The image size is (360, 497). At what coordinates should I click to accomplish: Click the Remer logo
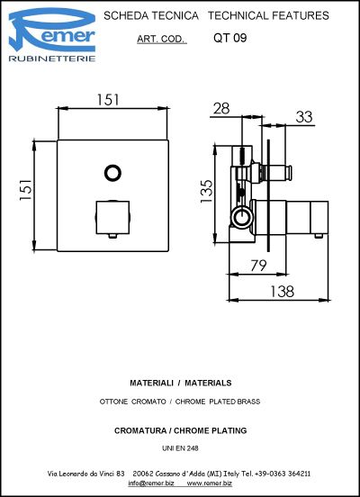(x=52, y=34)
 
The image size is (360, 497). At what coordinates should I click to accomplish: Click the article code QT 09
(x=230, y=38)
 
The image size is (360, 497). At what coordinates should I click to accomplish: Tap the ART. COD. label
(x=162, y=39)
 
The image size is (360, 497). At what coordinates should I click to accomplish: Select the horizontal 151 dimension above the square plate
(x=108, y=100)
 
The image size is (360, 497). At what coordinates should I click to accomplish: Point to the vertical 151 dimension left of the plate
(x=26, y=190)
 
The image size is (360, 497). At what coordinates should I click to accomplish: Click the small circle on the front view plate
(x=112, y=173)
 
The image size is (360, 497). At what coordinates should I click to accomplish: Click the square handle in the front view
(x=112, y=218)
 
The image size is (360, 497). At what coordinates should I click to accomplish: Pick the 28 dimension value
(x=221, y=109)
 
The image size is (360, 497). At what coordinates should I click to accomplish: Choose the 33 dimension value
(x=304, y=117)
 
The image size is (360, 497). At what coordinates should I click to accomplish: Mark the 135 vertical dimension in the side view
(x=206, y=192)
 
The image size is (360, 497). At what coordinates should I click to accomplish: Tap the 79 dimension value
(x=258, y=266)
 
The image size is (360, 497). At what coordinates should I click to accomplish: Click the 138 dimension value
(x=282, y=292)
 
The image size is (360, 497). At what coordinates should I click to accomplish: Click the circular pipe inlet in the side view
(x=241, y=218)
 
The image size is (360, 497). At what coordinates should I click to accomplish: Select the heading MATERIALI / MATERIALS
(x=181, y=383)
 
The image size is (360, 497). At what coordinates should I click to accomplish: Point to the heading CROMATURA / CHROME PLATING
(x=180, y=430)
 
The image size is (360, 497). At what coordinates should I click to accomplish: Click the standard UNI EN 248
(x=180, y=448)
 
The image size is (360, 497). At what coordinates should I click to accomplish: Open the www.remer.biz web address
(x=210, y=483)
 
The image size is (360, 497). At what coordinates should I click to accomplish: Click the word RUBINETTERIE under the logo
(x=52, y=59)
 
